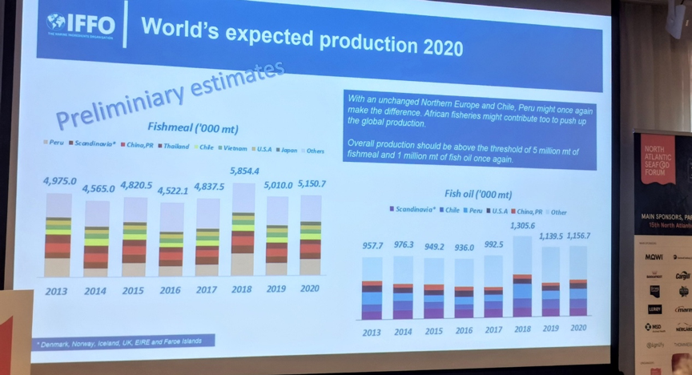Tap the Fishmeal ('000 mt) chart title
(x=192, y=128)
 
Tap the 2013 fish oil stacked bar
(x=372, y=288)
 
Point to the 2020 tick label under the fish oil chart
(x=576, y=329)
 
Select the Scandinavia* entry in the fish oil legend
(x=412, y=211)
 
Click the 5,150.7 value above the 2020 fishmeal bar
(x=310, y=184)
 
